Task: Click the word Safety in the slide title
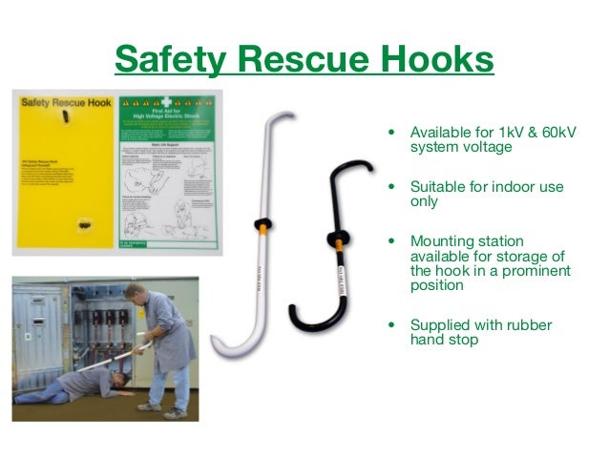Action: point(169,59)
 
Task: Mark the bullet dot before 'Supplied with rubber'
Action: point(390,325)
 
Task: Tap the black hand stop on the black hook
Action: point(337,238)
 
